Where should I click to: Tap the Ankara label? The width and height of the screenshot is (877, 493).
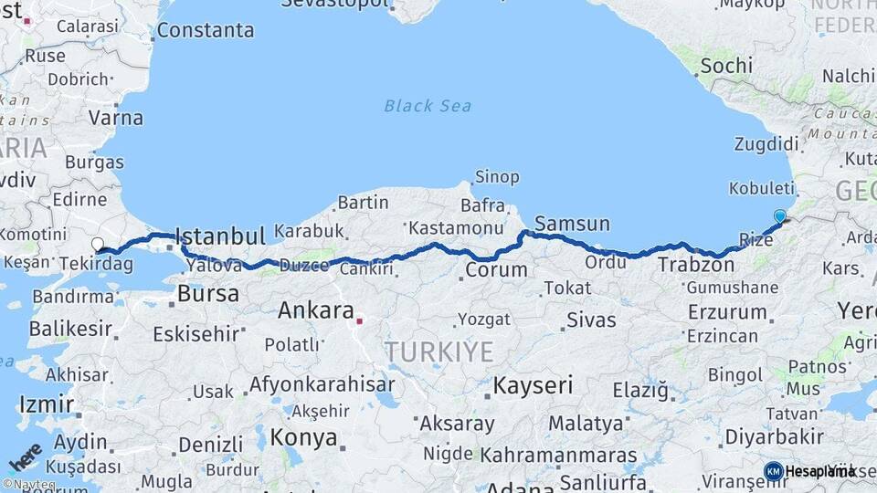click(x=316, y=310)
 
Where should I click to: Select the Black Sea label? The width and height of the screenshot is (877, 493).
click(x=428, y=106)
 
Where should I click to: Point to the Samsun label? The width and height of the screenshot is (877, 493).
click(x=572, y=224)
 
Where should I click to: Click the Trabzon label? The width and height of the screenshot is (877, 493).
click(x=696, y=266)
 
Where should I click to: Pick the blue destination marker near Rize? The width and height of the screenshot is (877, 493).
click(x=779, y=216)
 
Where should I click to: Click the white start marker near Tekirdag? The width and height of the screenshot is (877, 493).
click(x=98, y=244)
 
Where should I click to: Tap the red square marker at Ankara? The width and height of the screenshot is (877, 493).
click(x=360, y=320)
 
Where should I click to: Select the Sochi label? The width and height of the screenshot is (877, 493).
click(x=726, y=66)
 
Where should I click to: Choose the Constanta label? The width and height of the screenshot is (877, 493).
click(x=206, y=30)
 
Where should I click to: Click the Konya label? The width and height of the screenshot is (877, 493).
click(x=304, y=437)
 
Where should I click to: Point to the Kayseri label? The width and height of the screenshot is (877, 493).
click(x=533, y=385)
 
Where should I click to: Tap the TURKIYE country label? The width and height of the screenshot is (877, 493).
click(x=438, y=351)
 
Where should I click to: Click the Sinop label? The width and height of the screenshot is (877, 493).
click(x=496, y=176)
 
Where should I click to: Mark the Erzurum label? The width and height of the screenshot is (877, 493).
click(x=727, y=312)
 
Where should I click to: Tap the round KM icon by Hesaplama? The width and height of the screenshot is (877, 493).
click(x=774, y=471)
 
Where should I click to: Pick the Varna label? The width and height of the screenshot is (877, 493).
click(x=116, y=118)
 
